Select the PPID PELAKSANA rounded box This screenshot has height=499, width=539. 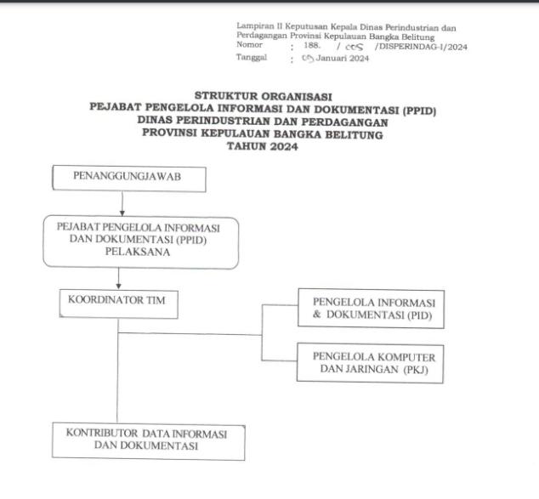(x=141, y=242)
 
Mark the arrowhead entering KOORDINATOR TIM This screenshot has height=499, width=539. (x=118, y=286)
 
